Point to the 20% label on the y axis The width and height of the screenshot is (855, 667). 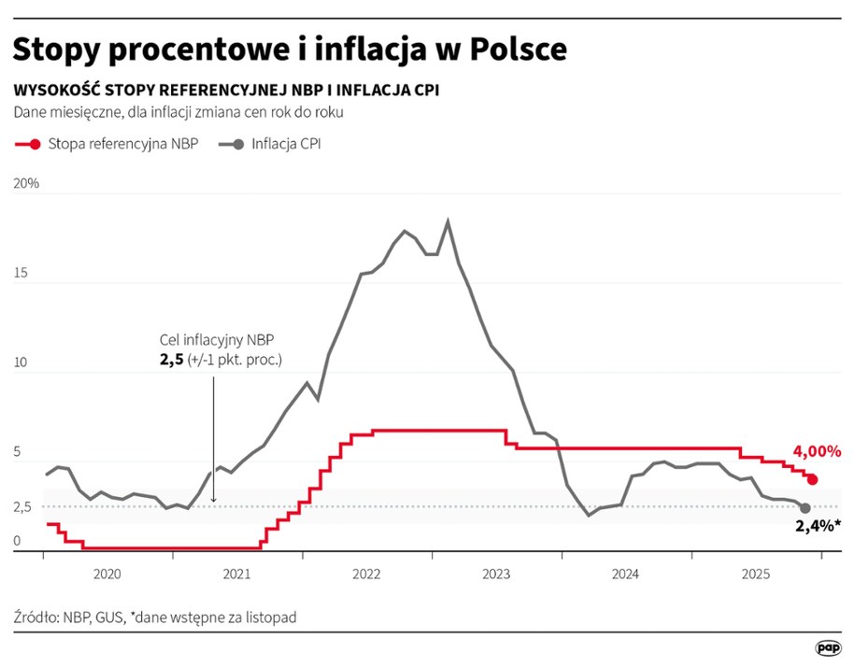26,184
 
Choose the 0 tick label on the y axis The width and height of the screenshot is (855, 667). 18,540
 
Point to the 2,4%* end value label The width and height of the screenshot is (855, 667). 819,526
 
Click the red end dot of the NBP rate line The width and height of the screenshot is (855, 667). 812,479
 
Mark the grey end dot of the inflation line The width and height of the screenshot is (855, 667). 805,507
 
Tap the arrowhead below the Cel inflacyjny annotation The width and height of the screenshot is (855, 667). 213,501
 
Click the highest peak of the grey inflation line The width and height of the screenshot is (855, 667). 449,221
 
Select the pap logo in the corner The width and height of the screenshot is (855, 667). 826,646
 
